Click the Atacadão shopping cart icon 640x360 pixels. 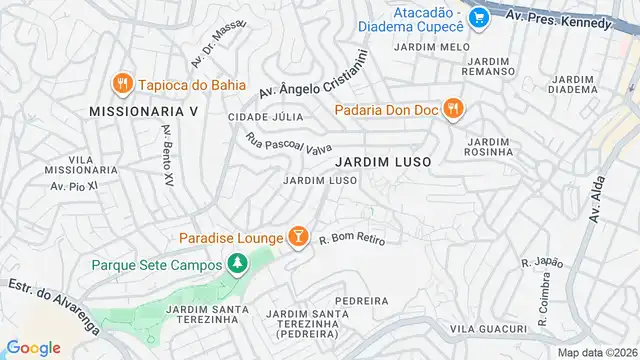[479, 17]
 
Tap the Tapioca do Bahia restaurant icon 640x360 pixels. [122, 83]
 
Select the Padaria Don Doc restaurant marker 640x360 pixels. [452, 108]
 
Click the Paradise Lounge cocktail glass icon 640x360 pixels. [297, 237]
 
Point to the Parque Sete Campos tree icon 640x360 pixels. [237, 265]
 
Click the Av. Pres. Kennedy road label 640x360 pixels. [558, 20]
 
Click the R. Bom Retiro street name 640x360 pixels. [352, 239]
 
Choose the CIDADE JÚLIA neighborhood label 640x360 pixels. [265, 117]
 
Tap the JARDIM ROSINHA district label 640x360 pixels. [489, 148]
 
